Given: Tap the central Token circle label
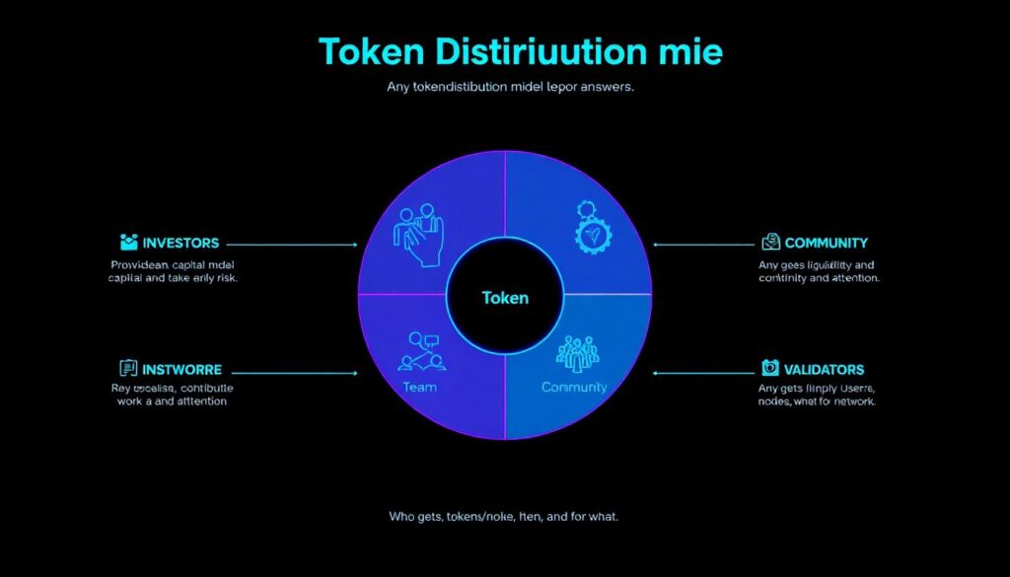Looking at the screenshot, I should tap(505, 297).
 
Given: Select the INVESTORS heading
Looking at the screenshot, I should tap(180, 243).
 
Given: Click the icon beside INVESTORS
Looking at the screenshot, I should tap(127, 242).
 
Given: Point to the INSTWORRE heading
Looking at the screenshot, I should tap(182, 370).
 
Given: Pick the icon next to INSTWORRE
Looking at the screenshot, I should tap(127, 369).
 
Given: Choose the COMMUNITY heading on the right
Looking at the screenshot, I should tap(827, 243).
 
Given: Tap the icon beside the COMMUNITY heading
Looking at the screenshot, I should tap(770, 242).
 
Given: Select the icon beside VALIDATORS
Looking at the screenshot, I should tap(770, 369).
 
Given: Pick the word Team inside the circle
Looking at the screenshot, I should tap(420, 388).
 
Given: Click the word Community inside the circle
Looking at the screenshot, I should tap(574, 388).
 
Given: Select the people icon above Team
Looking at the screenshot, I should tap(421, 351).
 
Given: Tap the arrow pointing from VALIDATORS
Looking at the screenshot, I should tap(702, 373).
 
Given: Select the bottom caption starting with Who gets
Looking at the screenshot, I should tap(504, 517).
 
